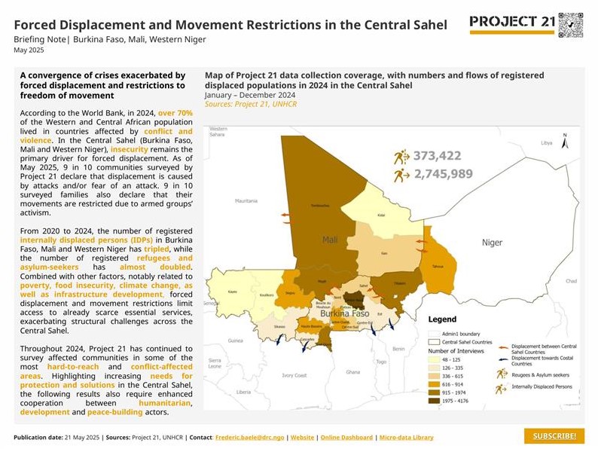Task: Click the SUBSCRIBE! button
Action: click(554, 437)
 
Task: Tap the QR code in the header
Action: click(571, 25)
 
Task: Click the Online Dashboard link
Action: click(346, 438)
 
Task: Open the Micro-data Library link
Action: click(406, 438)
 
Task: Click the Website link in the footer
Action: click(303, 438)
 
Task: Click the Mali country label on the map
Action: click(330, 240)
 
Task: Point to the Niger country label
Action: click(492, 243)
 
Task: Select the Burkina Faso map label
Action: click(344, 313)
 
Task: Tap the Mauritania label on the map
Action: click(246, 201)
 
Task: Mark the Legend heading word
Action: click(443, 319)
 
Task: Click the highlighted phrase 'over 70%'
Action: click(175, 113)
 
